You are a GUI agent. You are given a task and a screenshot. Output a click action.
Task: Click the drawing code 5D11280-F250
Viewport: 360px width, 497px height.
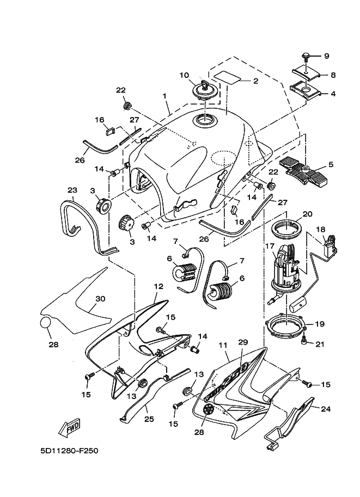tap(69, 451)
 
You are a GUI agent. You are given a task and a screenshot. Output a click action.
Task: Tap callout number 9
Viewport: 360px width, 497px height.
tap(327, 56)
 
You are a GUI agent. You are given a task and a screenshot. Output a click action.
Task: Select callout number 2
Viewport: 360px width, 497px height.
tap(254, 81)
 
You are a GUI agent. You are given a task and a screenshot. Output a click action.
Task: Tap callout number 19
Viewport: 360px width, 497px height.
tap(320, 323)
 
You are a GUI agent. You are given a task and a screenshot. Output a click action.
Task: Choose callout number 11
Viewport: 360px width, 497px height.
tap(223, 345)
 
